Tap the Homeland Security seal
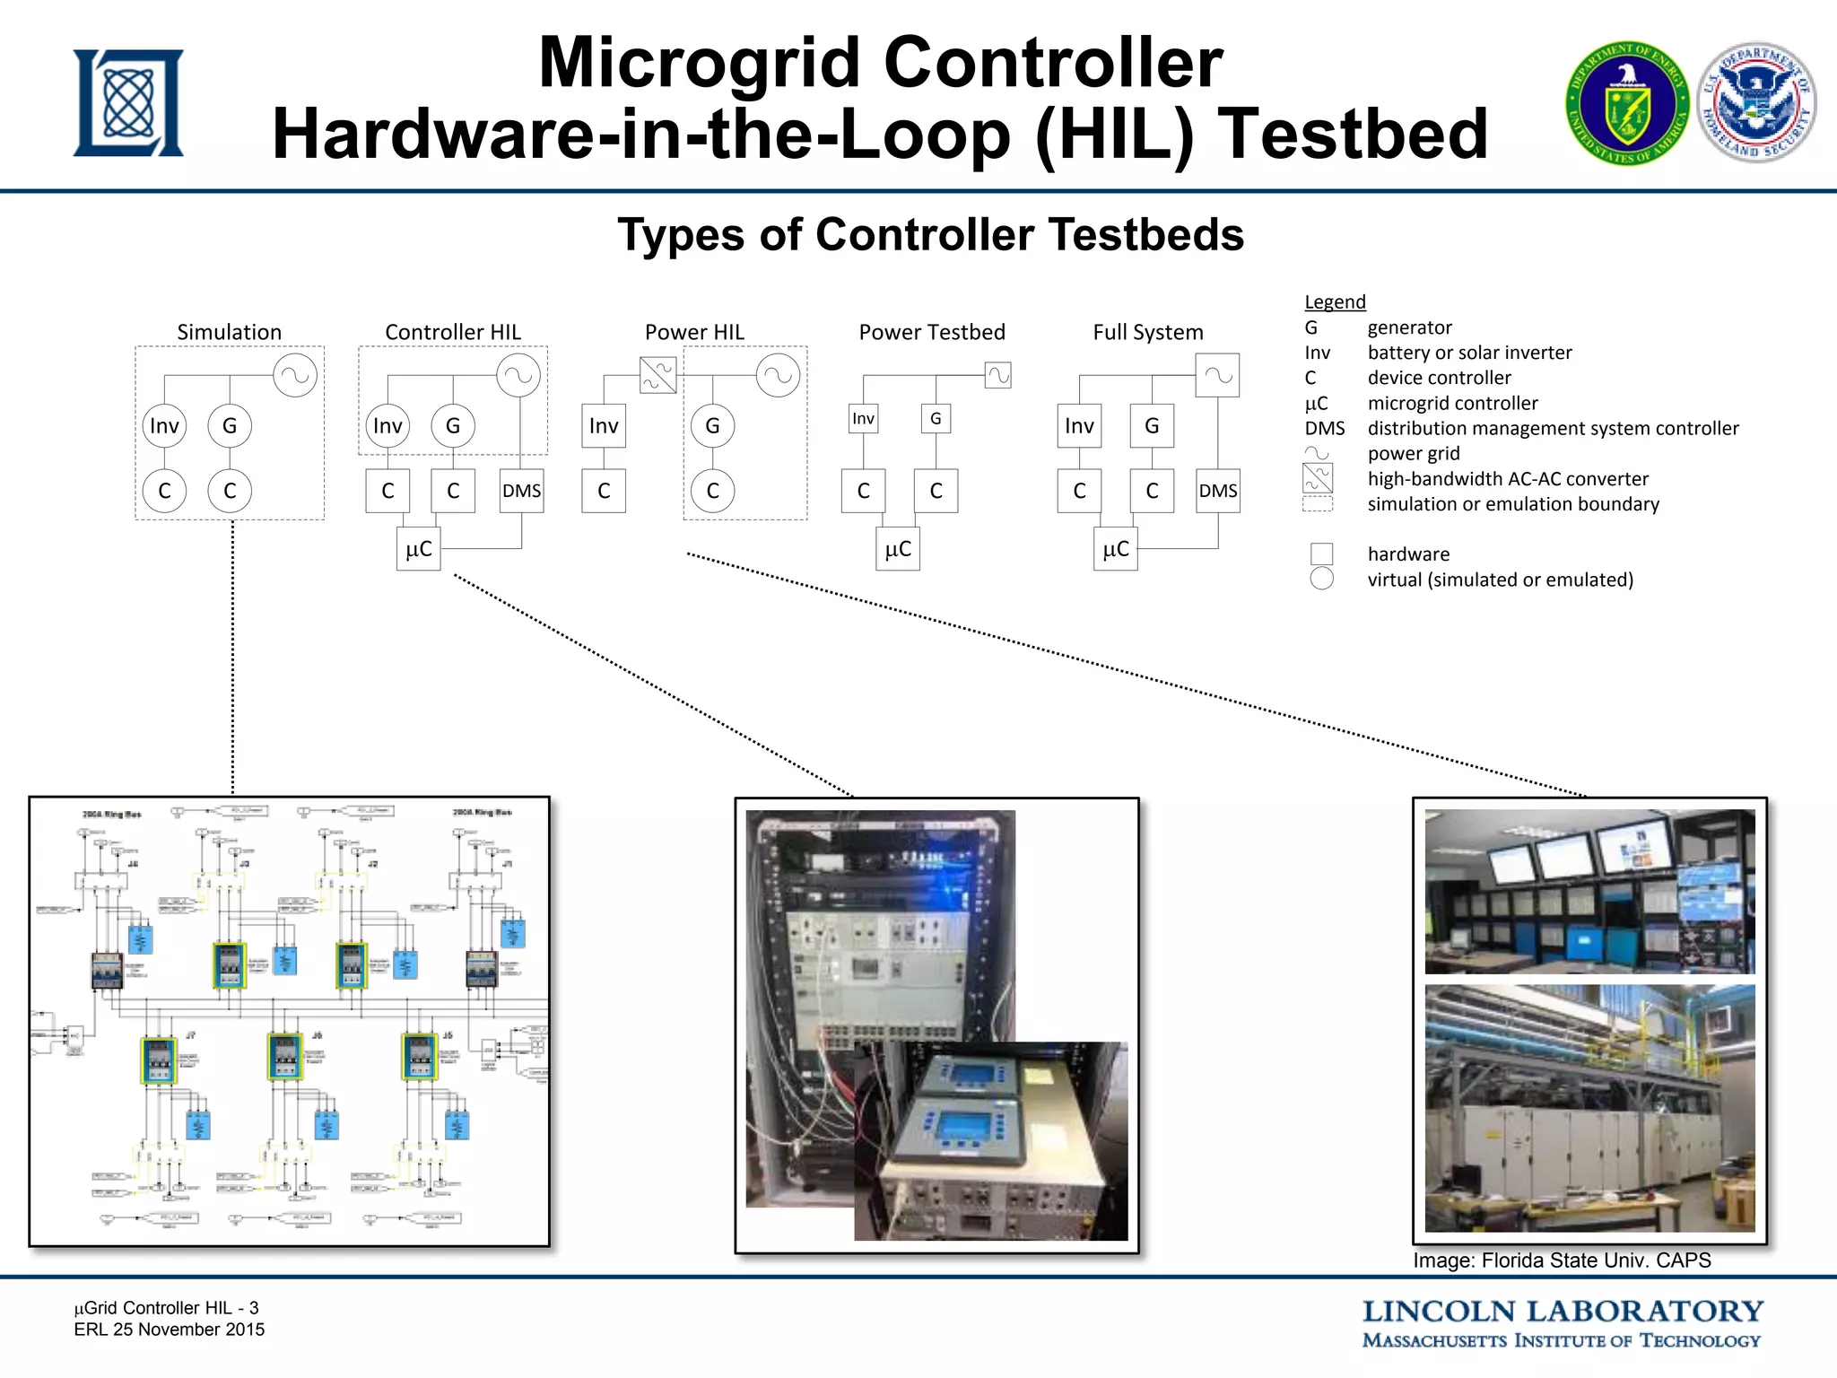(x=1756, y=101)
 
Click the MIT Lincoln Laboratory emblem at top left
(x=128, y=103)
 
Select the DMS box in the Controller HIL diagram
(x=521, y=491)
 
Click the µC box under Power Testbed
(x=898, y=549)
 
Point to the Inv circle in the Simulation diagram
(x=164, y=425)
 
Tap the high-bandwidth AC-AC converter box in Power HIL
(x=658, y=375)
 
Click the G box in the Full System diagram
(x=1152, y=425)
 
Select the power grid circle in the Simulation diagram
(x=295, y=375)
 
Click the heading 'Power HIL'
(x=694, y=332)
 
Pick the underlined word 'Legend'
(x=1335, y=301)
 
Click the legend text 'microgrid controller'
(x=1452, y=403)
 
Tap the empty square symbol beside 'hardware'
(x=1321, y=554)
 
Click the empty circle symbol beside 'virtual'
(x=1321, y=579)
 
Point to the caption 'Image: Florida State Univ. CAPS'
(x=1562, y=1260)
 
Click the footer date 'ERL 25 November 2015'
(x=170, y=1330)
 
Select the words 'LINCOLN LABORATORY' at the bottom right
(x=1563, y=1311)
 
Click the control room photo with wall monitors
(x=1589, y=891)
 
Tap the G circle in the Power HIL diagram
(x=712, y=425)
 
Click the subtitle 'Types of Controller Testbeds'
(x=930, y=235)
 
